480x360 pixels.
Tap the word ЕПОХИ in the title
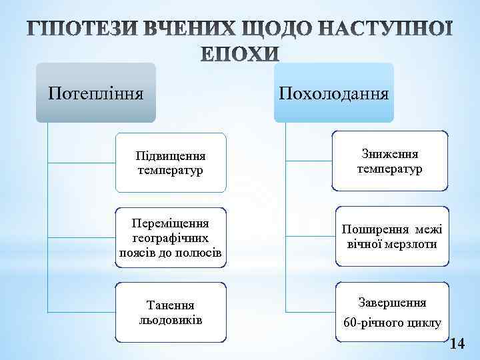click(x=241, y=55)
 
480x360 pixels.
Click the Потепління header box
click(x=95, y=93)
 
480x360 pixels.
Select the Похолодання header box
click(x=334, y=93)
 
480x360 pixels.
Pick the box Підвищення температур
click(x=169, y=162)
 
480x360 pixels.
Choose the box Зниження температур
click(x=390, y=162)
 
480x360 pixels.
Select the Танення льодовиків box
click(x=169, y=312)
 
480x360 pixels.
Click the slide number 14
click(x=458, y=344)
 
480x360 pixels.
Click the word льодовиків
click(x=170, y=319)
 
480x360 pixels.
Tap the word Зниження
click(x=390, y=155)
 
